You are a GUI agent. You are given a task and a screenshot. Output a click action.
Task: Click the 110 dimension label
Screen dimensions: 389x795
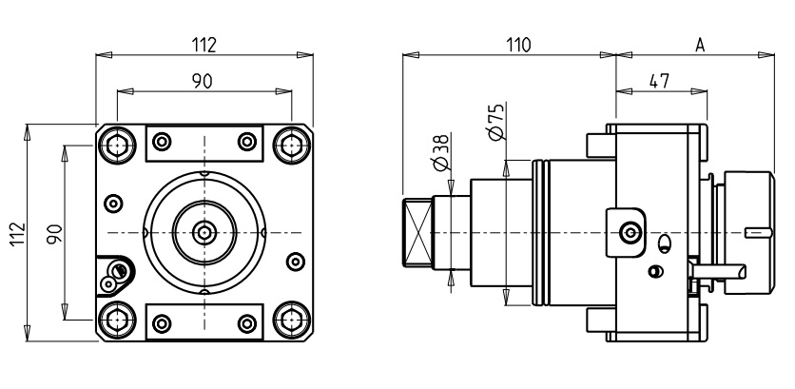(x=517, y=45)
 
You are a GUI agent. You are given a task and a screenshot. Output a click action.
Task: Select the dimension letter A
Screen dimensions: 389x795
(x=699, y=45)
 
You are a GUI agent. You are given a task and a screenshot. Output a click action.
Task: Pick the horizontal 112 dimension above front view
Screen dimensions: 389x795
(x=204, y=45)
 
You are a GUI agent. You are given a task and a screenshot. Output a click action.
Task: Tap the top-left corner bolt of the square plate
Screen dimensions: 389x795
(x=116, y=144)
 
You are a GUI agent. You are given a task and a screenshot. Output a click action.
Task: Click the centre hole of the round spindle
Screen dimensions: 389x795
(x=204, y=231)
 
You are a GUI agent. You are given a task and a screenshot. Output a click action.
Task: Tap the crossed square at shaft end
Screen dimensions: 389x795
(x=417, y=231)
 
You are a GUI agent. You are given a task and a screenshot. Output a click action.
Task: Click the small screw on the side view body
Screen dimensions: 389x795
(x=628, y=231)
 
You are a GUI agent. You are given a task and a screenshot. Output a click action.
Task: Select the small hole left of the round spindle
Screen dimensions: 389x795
(x=114, y=202)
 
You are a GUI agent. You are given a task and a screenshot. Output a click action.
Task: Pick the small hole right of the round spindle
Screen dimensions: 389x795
(x=293, y=260)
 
